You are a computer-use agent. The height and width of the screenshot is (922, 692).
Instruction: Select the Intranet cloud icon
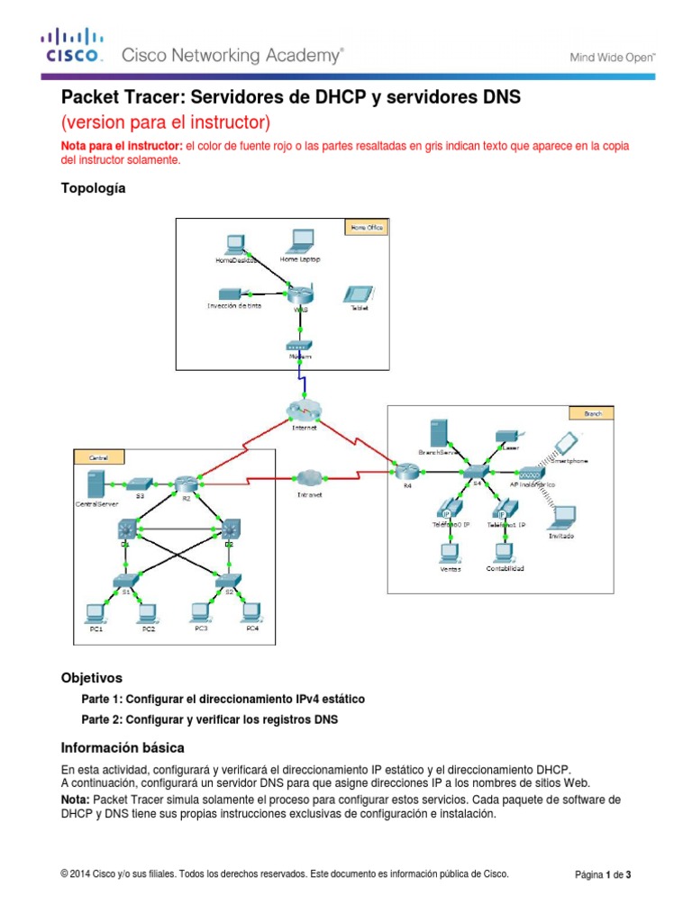tap(310, 478)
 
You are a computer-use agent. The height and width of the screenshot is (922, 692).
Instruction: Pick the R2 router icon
tap(186, 484)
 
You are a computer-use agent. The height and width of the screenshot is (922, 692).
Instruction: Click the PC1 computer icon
tap(94, 612)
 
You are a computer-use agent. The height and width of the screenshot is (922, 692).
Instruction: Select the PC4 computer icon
tap(252, 612)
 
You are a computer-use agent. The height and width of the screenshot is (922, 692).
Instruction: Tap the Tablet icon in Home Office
tap(359, 294)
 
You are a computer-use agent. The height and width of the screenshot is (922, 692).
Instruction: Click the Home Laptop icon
tap(300, 240)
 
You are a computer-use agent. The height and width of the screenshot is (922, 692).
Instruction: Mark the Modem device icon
tap(298, 346)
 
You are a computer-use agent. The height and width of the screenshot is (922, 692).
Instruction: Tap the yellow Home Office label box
tap(365, 228)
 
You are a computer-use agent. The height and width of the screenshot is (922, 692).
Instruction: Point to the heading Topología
tap(93, 188)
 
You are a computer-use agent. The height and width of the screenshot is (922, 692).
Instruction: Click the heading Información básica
tap(123, 747)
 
